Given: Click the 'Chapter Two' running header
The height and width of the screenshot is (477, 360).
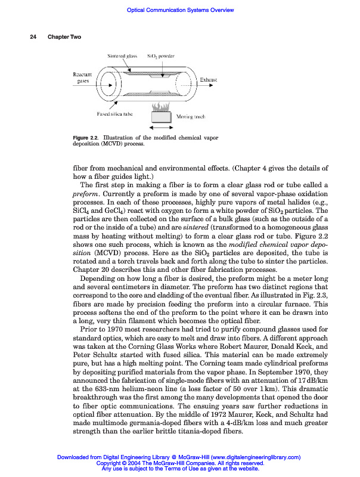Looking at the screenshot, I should tap(64, 37).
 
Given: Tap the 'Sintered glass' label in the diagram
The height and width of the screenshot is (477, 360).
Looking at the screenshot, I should tap(122, 55).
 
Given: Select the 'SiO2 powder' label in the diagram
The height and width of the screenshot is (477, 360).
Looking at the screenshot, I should tap(161, 55).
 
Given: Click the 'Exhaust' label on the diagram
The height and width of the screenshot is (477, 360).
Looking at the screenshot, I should tap(208, 79).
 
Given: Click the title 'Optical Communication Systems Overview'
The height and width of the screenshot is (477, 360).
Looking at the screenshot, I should tap(181, 10).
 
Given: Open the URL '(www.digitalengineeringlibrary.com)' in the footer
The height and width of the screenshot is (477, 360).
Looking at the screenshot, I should tap(249, 457).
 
